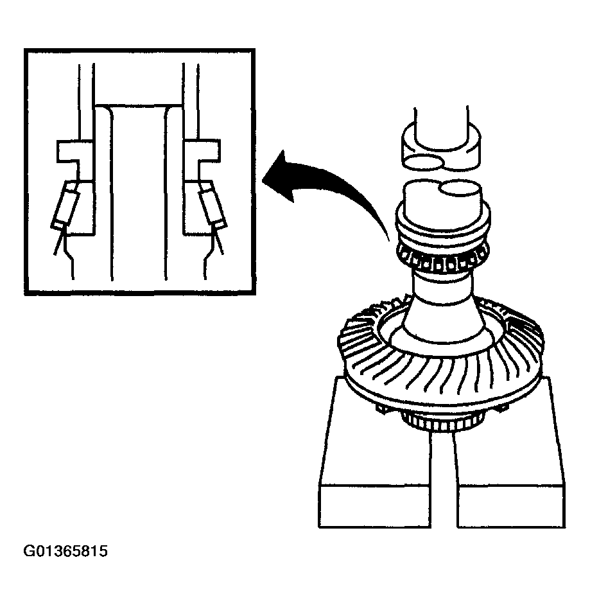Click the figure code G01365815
65,550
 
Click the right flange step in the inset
202,152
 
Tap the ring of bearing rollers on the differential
443,261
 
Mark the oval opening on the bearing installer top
461,189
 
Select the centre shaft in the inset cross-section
139,193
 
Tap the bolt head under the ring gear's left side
380,409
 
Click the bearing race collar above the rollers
443,227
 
